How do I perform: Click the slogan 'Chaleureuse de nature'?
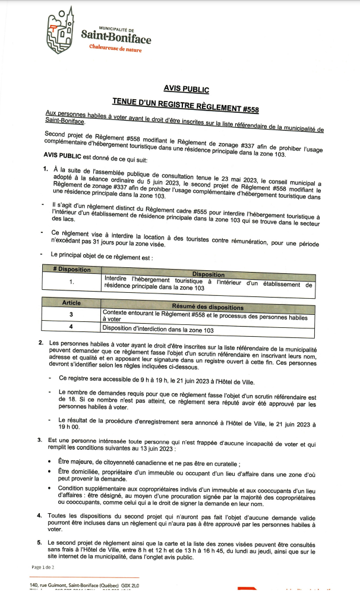116,49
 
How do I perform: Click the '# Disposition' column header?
71,269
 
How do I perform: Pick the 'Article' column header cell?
71,303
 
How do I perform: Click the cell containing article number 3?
71,314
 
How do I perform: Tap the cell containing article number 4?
71,327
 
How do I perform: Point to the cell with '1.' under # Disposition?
71,282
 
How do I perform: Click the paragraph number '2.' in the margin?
40,343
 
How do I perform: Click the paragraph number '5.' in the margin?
40,542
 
